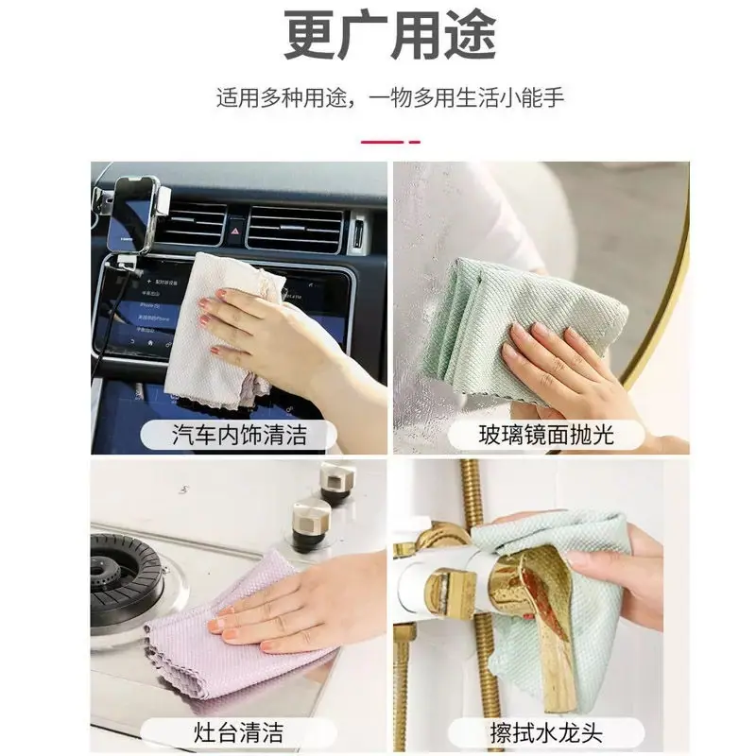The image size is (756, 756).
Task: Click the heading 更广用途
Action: [390, 36]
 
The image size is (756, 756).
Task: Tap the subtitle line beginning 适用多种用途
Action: [390, 98]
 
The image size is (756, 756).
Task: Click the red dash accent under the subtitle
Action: [390, 142]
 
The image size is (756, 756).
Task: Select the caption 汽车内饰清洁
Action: [239, 435]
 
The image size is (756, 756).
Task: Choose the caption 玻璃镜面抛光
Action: [546, 435]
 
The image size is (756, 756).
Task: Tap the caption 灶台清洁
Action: [239, 732]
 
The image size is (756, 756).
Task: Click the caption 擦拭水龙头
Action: [546, 732]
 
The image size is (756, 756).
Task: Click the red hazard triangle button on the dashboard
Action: [235, 231]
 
